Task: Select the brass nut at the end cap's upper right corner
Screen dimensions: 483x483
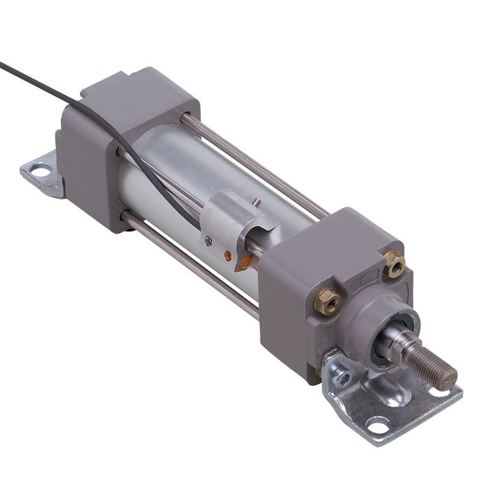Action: [x=394, y=263]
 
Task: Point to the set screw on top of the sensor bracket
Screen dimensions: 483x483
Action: [x=257, y=203]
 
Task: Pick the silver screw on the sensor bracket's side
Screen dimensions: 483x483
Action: [x=209, y=241]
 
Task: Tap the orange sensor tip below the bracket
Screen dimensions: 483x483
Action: [x=242, y=263]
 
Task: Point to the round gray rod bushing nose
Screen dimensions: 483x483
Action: [x=374, y=313]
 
